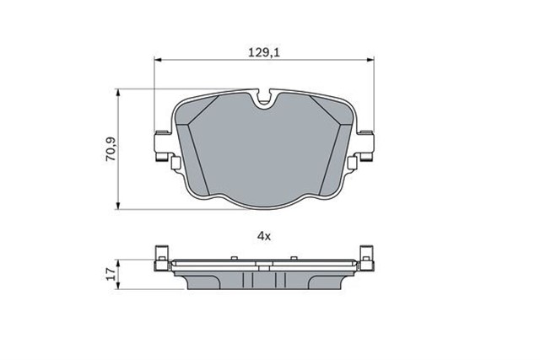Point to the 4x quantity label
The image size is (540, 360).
tap(264, 237)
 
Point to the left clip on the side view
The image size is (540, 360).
tap(163, 255)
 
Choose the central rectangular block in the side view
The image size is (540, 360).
tap(264, 279)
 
